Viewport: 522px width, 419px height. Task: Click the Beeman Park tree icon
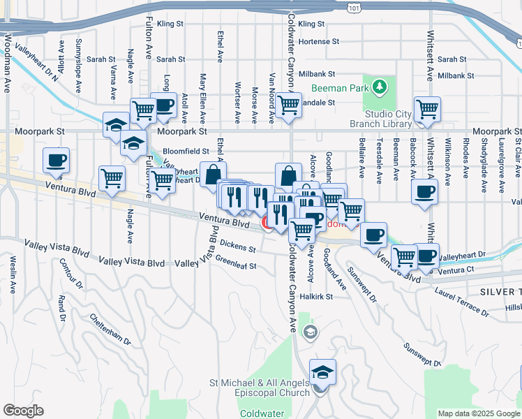[379, 87]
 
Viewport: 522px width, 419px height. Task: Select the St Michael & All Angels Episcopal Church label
[260, 388]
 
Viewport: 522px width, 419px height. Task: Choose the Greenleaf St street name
[236, 265]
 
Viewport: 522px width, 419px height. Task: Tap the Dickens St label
[238, 245]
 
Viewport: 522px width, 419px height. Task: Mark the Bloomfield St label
[186, 151]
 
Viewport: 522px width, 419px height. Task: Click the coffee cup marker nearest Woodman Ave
[57, 160]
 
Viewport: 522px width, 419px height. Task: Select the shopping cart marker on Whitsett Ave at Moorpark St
[427, 109]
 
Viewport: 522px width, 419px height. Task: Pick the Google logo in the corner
[23, 410]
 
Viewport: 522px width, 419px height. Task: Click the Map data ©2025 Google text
[479, 413]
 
